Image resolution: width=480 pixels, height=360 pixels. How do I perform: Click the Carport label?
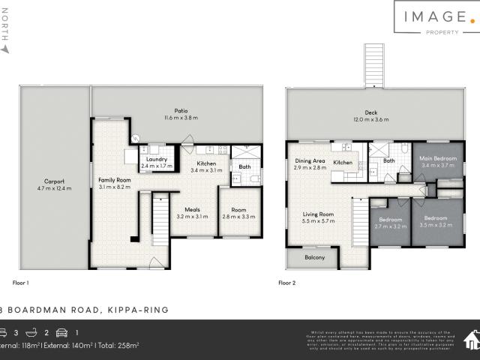coord(53,181)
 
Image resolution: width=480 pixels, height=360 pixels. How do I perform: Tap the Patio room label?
coord(175,109)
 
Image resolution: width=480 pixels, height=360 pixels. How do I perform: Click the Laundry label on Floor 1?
coord(156,159)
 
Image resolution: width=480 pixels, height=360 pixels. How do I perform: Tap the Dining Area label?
coord(310,161)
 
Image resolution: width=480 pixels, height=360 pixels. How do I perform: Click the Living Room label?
coord(317,214)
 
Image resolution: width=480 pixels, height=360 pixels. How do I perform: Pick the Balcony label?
coord(314,258)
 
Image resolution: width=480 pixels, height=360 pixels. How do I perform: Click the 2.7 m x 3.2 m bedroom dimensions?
coord(389,225)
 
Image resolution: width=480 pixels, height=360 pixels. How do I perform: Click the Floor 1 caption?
coord(21,283)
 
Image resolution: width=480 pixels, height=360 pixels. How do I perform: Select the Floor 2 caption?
coord(287,283)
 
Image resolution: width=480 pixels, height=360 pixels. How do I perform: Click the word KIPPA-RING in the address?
coord(138,309)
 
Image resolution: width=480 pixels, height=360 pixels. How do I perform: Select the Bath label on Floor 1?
coord(244,166)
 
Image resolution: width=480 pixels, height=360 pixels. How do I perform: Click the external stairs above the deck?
coord(373,66)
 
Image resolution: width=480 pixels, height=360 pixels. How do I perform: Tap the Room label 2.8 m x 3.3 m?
coord(237,212)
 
